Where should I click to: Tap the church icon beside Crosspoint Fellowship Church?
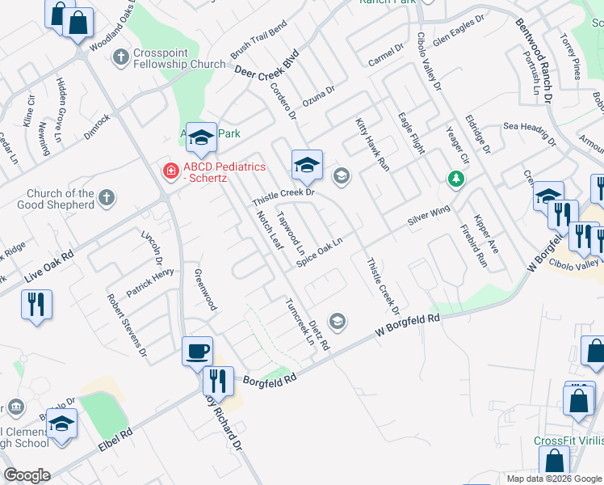pyautogui.click(x=121, y=57)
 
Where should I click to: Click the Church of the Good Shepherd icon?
pyautogui.click(x=107, y=198)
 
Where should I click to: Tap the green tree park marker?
pyautogui.click(x=456, y=178)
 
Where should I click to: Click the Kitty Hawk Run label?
pyautogui.click(x=372, y=144)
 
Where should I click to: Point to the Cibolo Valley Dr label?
pyautogui.click(x=430, y=61)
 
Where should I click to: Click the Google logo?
pyautogui.click(x=27, y=475)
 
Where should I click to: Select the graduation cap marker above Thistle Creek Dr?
pyautogui.click(x=307, y=165)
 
